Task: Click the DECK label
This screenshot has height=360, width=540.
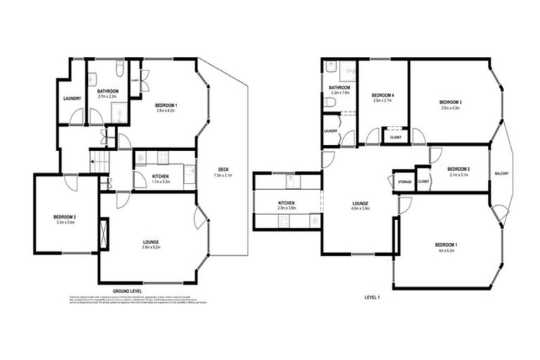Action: coord(224,169)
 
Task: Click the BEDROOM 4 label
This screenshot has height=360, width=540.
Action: coord(382,95)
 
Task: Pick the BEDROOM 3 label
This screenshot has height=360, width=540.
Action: coord(450,102)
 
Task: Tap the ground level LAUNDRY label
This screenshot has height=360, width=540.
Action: coord(72,98)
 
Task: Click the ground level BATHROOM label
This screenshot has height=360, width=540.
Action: coord(108,91)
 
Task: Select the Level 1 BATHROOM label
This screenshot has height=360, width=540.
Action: coord(340,87)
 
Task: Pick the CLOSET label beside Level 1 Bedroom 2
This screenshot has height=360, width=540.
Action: coord(423,181)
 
